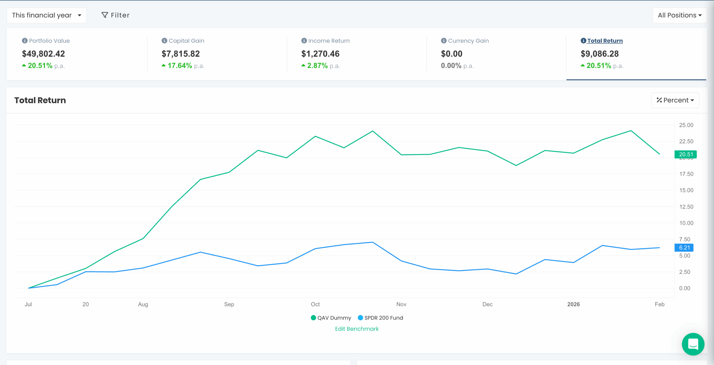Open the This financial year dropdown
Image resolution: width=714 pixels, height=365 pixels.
click(x=46, y=15)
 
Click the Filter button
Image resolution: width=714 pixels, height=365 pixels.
click(x=115, y=15)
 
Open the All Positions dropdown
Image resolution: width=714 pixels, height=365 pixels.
click(x=679, y=15)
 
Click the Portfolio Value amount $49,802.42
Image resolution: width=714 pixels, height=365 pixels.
click(x=44, y=54)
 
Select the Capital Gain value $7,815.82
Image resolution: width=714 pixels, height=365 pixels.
click(x=181, y=54)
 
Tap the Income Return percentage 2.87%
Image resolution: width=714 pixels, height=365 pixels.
click(x=317, y=66)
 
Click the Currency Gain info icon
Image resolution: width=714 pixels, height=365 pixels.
click(x=444, y=41)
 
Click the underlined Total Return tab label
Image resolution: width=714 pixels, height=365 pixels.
click(x=605, y=41)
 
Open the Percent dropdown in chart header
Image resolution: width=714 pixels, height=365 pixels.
click(x=675, y=100)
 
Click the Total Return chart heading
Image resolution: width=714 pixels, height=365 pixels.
click(x=40, y=100)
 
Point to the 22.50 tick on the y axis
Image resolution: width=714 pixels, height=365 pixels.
click(x=686, y=141)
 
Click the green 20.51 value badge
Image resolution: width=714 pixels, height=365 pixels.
click(x=686, y=154)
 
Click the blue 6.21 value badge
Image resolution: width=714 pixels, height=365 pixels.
click(x=684, y=248)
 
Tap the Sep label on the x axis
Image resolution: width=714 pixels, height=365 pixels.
click(x=229, y=304)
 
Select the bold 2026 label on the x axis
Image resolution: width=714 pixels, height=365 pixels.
click(x=573, y=304)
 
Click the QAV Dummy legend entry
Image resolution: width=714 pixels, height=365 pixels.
click(x=331, y=318)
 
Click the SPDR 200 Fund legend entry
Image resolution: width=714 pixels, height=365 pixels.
click(x=381, y=318)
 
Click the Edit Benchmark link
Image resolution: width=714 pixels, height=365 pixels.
click(x=357, y=329)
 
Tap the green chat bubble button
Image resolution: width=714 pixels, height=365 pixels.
click(x=693, y=344)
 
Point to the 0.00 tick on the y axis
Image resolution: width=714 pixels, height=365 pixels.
click(x=684, y=288)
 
